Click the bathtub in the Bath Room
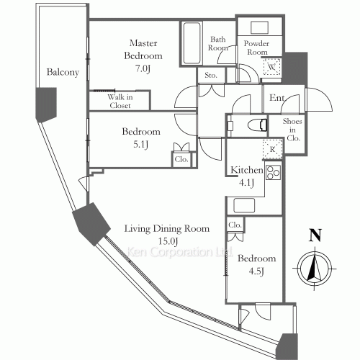[192, 43]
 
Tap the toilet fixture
[257, 125]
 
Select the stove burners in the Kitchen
[273, 172]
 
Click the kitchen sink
[244, 205]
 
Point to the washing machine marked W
[271, 67]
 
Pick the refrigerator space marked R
[272, 149]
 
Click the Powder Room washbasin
[259, 28]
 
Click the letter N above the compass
[315, 235]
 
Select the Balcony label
[63, 72]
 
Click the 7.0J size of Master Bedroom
[143, 68]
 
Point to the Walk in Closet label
[120, 101]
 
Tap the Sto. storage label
[211, 76]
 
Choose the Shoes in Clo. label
[292, 130]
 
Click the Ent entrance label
[276, 98]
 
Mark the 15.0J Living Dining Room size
[168, 241]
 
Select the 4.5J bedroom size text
[256, 271]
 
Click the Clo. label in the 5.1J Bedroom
[181, 159]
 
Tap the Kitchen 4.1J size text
[246, 183]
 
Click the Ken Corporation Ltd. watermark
[179, 252]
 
